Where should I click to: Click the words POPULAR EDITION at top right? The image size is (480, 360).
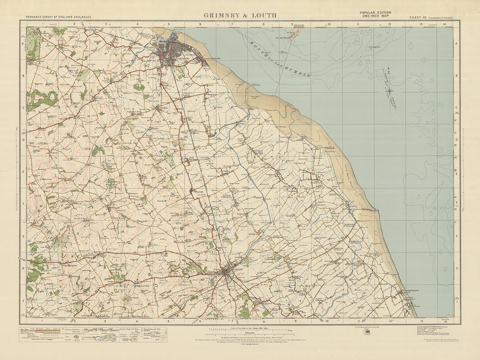coord(374,12)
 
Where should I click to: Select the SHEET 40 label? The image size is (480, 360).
coord(420,18)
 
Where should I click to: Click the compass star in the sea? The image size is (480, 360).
coord(388,89)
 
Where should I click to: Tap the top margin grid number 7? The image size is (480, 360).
coord(231,24)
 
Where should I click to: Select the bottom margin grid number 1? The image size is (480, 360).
coord(42,321)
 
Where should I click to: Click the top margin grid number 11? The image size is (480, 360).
coord(358,24)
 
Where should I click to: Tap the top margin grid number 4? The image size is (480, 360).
coord(137,24)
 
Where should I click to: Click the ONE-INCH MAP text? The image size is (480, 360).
coord(374,17)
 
